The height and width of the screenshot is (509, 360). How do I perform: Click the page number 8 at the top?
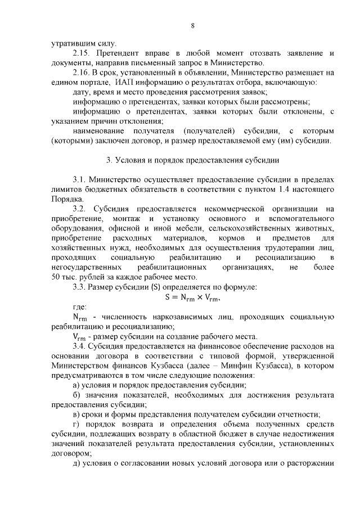(192, 26)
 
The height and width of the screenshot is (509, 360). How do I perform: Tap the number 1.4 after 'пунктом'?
(280, 190)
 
